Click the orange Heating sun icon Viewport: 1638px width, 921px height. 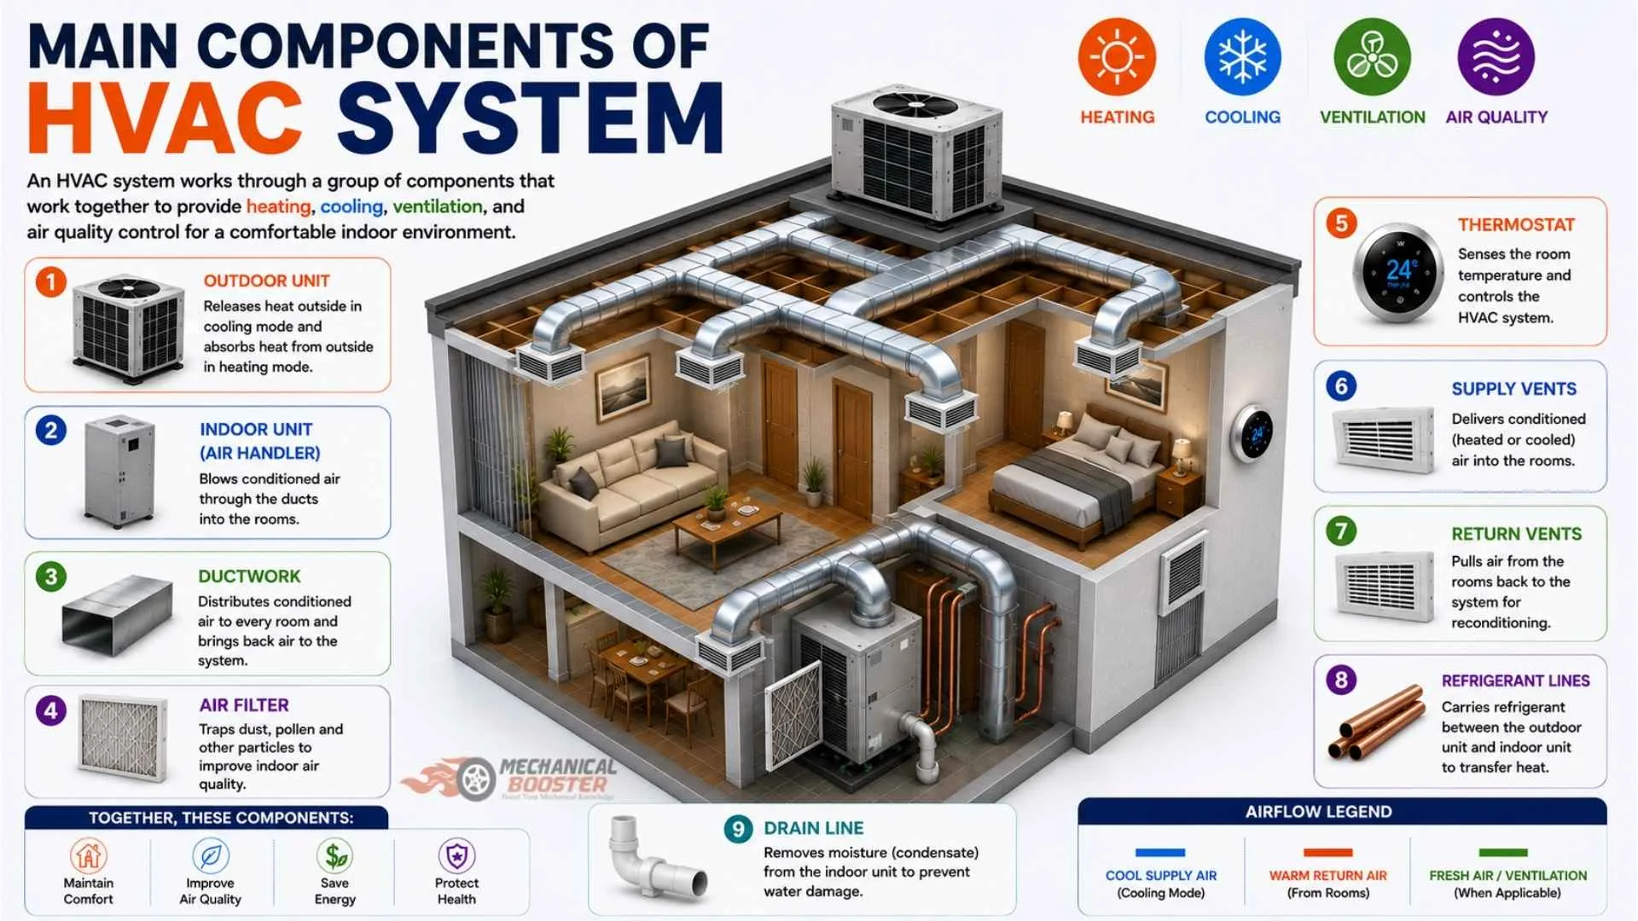pos(1117,57)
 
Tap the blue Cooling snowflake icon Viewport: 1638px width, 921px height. pos(1242,57)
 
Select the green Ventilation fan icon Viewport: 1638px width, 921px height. pos(1372,57)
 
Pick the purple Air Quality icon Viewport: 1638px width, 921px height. pos(1496,57)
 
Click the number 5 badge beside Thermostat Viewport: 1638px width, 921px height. pos(1341,223)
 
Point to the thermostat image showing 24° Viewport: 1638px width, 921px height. pos(1397,273)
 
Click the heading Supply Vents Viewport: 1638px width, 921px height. pos(1513,389)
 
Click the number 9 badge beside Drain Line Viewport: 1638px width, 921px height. pos(738,829)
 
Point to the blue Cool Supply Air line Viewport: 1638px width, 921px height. pos(1160,853)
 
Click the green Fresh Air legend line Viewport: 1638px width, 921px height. pos(1503,853)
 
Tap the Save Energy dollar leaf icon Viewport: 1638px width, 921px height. pos(335,855)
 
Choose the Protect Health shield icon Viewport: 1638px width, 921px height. pos(457,855)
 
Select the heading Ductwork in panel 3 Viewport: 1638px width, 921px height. pos(249,576)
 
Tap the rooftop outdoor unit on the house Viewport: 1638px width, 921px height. pos(917,151)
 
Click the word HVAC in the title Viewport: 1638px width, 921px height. pos(165,119)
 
